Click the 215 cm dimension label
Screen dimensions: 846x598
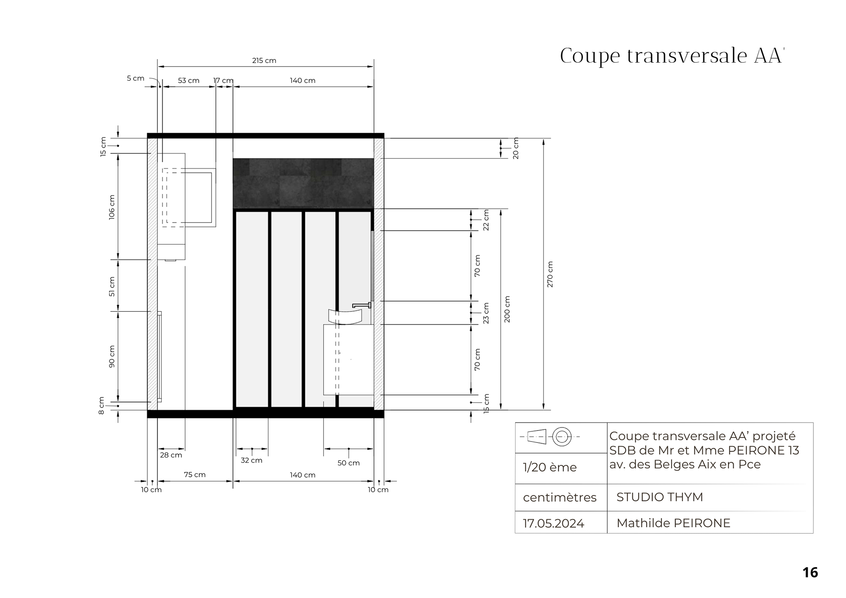[x=264, y=60]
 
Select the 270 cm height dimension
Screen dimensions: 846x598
[x=550, y=275]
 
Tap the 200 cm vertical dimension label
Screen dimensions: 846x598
[x=507, y=309]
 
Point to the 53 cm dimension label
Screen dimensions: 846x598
[x=189, y=81]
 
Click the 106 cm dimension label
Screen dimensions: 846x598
[x=112, y=207]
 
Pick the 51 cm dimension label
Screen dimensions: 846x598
[x=112, y=286]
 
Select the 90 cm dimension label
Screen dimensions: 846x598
[x=112, y=357]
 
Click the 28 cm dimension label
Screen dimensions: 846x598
[x=171, y=455]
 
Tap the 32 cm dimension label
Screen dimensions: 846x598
[x=252, y=461]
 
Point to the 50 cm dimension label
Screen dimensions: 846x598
[x=349, y=463]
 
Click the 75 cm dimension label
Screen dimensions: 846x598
[x=195, y=475]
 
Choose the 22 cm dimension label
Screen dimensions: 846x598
[x=486, y=220]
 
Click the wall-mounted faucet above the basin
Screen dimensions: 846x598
[x=362, y=305]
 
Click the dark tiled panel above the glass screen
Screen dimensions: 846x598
[x=303, y=183]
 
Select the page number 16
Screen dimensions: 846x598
[x=810, y=572]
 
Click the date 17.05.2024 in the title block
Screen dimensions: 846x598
[x=553, y=524]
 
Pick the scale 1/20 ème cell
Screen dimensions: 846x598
[x=550, y=467]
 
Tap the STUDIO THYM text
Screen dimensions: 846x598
[x=660, y=497]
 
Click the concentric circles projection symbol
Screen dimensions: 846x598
[x=562, y=437]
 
